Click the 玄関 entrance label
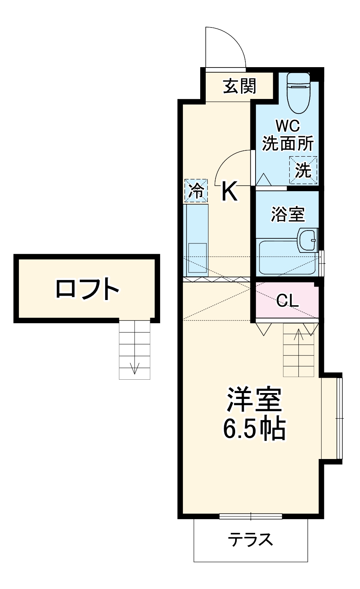(x=239, y=86)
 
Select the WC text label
(x=287, y=126)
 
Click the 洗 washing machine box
(x=303, y=170)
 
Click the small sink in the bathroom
(x=308, y=239)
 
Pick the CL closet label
(x=287, y=301)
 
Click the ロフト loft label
(x=87, y=289)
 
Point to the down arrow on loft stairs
(x=135, y=368)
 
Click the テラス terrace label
(x=250, y=540)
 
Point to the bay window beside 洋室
(x=339, y=418)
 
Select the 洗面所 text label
(x=287, y=144)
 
